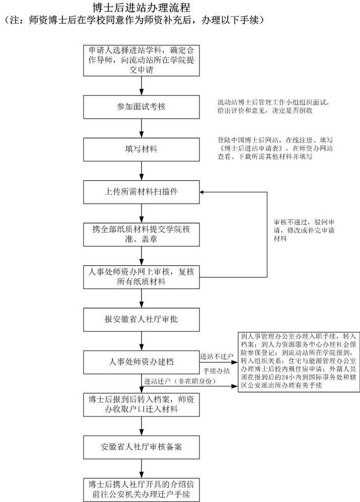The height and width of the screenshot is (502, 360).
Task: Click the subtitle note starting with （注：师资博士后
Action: click(134, 21)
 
